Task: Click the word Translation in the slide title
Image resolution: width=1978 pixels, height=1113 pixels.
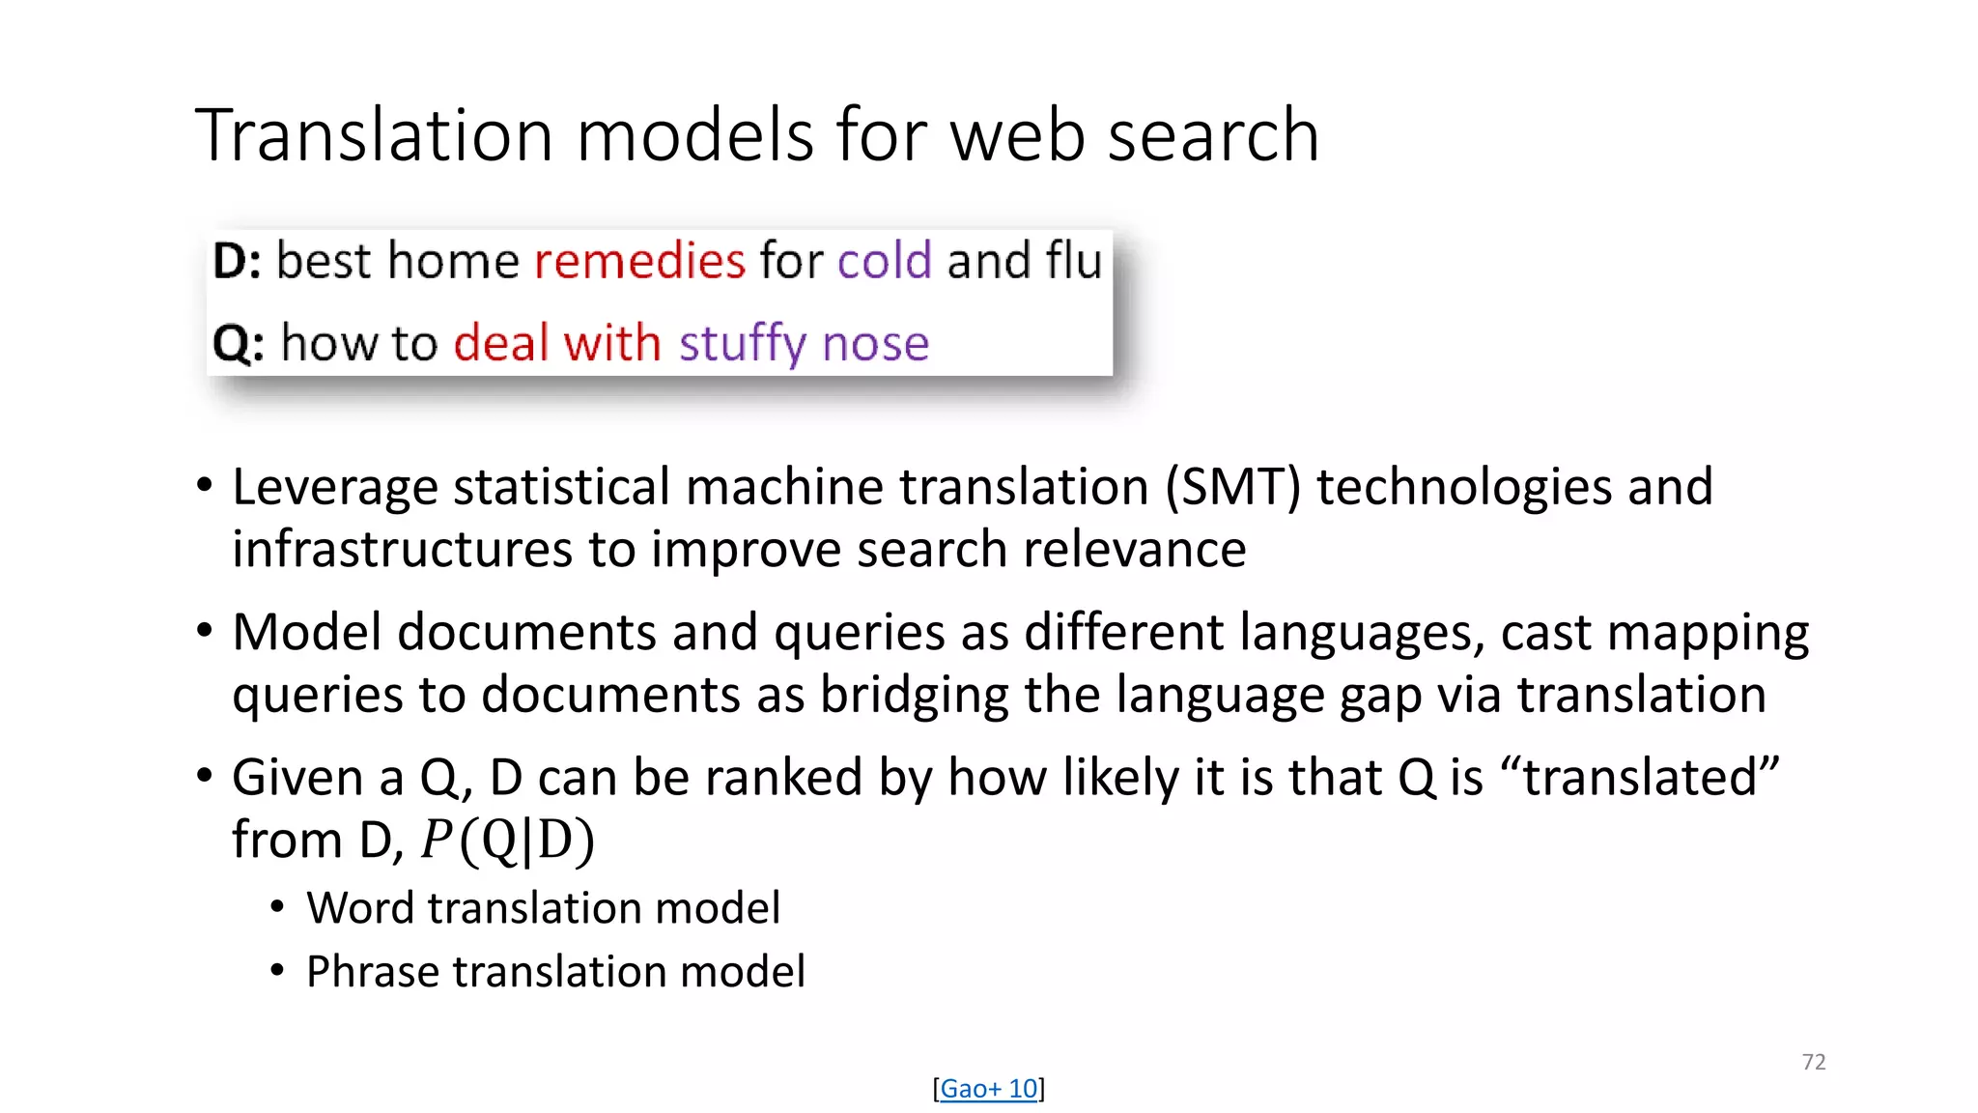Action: pyautogui.click(x=374, y=135)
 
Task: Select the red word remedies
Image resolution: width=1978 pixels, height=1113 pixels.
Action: pyautogui.click(x=639, y=261)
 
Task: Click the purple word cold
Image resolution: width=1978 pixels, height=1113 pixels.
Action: pyautogui.click(x=884, y=261)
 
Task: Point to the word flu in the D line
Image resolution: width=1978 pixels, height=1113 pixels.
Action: pyautogui.click(x=1073, y=261)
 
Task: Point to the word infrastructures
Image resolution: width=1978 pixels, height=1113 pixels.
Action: pyautogui.click(x=402, y=550)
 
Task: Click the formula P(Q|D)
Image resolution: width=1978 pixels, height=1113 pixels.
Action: pyautogui.click(x=507, y=841)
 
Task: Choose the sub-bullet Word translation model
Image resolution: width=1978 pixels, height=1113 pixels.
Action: pyautogui.click(x=543, y=908)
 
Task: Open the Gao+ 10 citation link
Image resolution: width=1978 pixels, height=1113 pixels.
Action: pyautogui.click(x=988, y=1089)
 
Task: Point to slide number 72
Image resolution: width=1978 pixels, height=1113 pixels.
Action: pyautogui.click(x=1813, y=1062)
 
